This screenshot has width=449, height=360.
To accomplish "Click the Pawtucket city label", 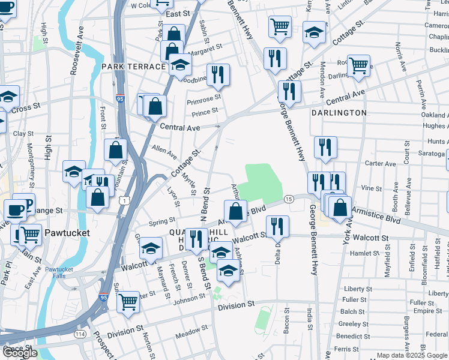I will coord(67,232).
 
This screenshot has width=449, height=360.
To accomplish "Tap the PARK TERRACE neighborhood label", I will coord(133,66).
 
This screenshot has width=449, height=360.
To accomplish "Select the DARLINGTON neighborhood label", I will coord(339,112).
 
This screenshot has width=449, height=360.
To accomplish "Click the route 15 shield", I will coord(289,199).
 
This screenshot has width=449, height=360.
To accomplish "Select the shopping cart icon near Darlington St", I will coord(358,65).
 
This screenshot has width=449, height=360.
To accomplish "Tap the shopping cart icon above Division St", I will coord(128,302).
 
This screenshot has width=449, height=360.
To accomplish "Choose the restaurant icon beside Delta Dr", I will coord(277,226).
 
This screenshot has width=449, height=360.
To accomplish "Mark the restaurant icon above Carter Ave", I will coord(325,147).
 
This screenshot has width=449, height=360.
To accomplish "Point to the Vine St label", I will coord(371,188).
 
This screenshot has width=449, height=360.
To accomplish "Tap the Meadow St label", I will coord(191,331).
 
